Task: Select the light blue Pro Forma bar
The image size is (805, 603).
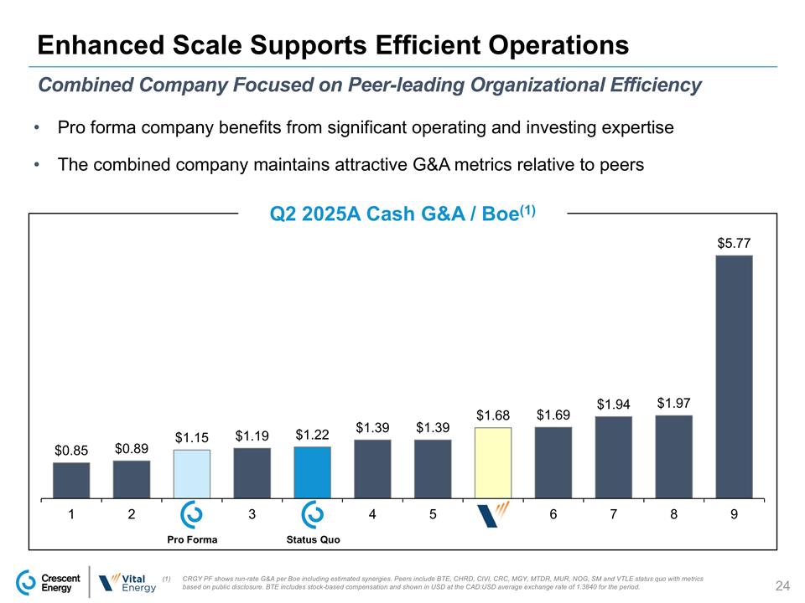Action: click(x=192, y=473)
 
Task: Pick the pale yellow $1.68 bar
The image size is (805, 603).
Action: click(x=493, y=462)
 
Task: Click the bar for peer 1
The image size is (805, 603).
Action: click(x=71, y=480)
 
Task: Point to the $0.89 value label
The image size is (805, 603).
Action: click(x=132, y=450)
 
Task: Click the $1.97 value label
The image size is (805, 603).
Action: click(x=673, y=404)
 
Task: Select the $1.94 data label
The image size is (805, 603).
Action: click(x=613, y=405)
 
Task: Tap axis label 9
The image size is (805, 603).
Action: click(x=734, y=515)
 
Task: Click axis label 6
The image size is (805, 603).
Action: click(x=553, y=515)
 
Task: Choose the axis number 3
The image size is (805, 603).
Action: click(x=252, y=515)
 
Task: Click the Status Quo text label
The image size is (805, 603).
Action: click(x=313, y=539)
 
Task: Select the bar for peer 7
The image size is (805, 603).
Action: click(x=613, y=456)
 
